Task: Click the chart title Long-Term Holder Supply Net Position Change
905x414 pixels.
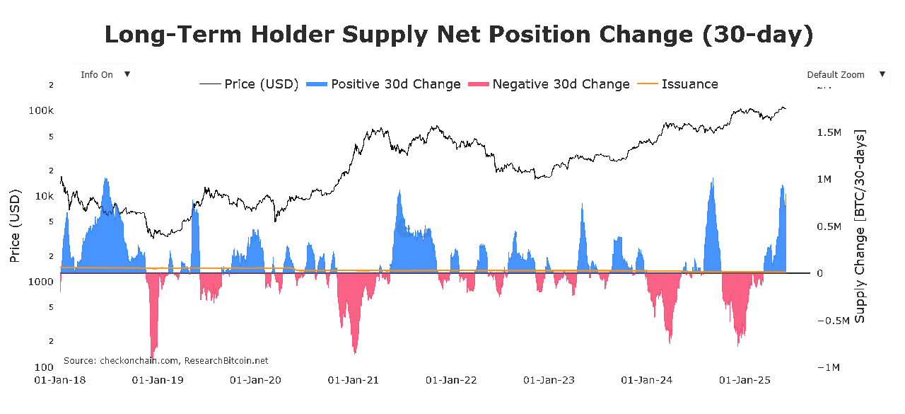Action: click(x=459, y=35)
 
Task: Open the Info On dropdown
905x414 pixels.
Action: click(x=103, y=75)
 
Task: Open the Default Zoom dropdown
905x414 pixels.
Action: click(x=843, y=75)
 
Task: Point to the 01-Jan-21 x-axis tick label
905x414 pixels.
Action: click(x=353, y=380)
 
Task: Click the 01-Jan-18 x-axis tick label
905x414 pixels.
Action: click(x=59, y=380)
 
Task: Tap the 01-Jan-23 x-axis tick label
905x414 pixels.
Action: click(x=549, y=380)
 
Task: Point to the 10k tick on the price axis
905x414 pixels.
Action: click(x=45, y=196)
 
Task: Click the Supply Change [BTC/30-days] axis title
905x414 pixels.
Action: click(x=860, y=226)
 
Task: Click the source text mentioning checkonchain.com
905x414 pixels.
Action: click(x=165, y=361)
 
